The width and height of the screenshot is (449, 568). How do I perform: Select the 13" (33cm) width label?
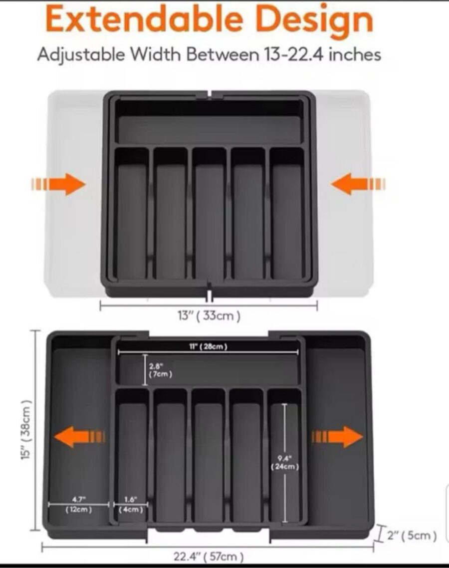coord(209,315)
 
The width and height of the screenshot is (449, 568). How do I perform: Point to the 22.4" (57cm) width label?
coord(208,557)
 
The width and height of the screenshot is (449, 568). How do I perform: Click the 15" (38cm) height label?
coord(26,430)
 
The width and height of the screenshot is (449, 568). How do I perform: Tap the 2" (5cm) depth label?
coord(412,535)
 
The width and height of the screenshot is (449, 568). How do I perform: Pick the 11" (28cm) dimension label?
coord(208,346)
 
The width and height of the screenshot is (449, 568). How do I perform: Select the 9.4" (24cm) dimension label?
coord(285,463)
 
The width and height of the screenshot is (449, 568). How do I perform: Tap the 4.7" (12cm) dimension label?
coord(79,505)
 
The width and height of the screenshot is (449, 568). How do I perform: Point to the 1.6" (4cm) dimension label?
coord(131,505)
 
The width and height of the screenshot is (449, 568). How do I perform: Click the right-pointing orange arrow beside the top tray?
coord(58,184)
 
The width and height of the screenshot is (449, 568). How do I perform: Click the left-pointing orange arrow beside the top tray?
coord(358,184)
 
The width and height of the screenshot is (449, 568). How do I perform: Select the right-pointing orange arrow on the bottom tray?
coord(337,437)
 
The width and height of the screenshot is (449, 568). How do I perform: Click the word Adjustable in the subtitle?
coord(81,55)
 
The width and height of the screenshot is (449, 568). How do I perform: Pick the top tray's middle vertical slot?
coord(209,214)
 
